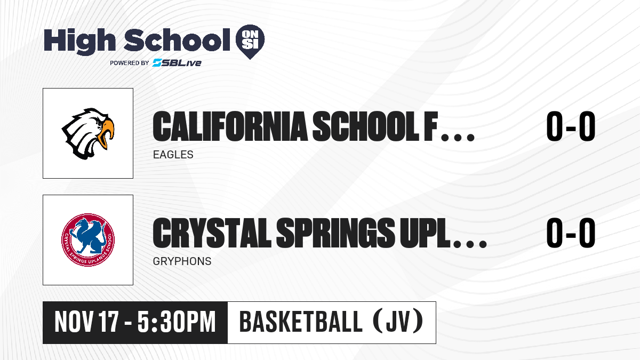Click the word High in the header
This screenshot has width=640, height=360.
pos(79,41)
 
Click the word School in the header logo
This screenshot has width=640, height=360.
pos(177,40)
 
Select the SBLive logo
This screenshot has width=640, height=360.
pos(177,62)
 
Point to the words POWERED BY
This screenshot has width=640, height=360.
pos(130,63)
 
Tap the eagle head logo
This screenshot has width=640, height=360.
pos(88,133)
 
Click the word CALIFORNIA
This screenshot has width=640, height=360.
pos(230,126)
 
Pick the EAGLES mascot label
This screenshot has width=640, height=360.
pos(173,155)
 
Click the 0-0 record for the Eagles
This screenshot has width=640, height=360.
pos(571,126)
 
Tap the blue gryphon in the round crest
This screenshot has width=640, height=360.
pos(87,236)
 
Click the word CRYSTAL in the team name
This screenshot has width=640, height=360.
pos(212,233)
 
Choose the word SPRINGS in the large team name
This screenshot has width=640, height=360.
pos(335,233)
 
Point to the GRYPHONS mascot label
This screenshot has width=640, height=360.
pos(182,261)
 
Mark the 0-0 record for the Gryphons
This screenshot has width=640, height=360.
pos(571,233)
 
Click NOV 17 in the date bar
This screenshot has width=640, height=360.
pos(86,322)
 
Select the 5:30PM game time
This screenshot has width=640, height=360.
pos(177,322)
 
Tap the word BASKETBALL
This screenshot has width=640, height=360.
pos(301,322)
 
